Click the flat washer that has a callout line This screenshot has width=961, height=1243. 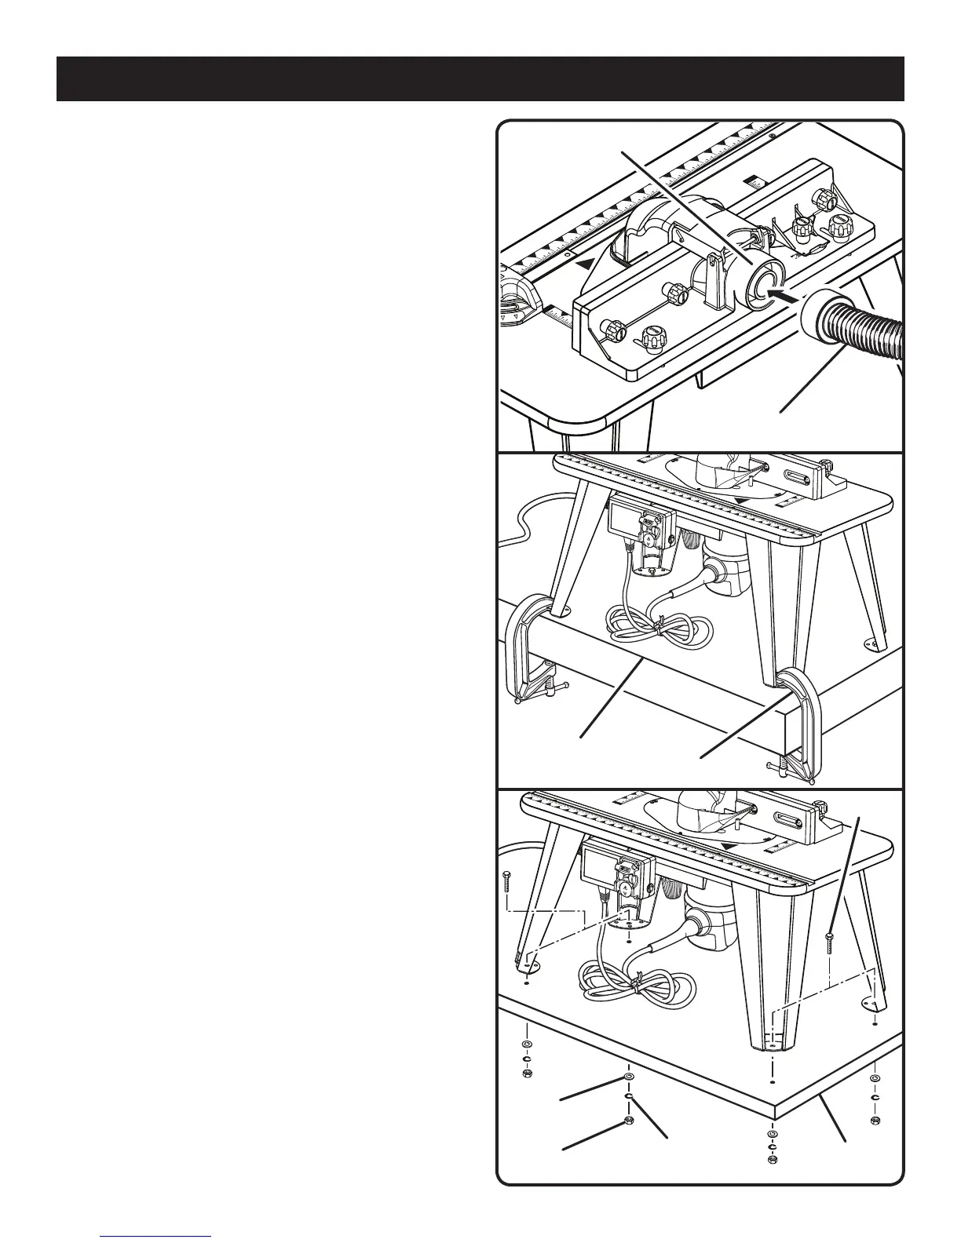pyautogui.click(x=628, y=1077)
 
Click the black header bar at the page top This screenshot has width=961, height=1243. pyautogui.click(x=480, y=78)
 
